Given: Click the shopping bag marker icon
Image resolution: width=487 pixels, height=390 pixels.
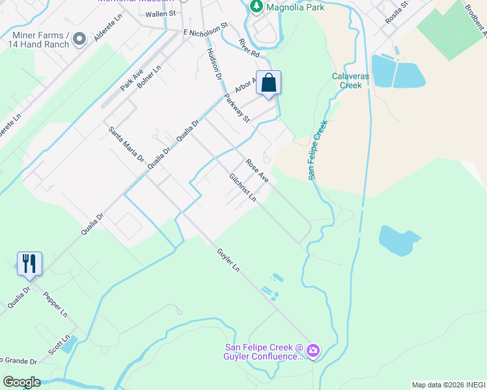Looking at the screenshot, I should pyautogui.click(x=268, y=83).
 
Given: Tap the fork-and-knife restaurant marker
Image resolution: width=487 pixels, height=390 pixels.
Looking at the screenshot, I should pyautogui.click(x=29, y=263).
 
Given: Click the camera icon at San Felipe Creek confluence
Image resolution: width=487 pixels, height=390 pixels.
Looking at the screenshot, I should pyautogui.click(x=313, y=351).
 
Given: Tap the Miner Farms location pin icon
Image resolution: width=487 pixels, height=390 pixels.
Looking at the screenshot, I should pyautogui.click(x=80, y=39).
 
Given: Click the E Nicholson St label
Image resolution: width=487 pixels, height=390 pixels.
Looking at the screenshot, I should pyautogui.click(x=205, y=29).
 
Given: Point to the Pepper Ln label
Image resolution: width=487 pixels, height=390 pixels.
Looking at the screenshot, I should pyautogui.click(x=55, y=304).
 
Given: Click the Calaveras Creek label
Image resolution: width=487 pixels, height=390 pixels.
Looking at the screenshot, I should pyautogui.click(x=346, y=81).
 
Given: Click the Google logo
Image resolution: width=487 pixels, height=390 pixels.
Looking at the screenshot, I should pyautogui.click(x=21, y=382).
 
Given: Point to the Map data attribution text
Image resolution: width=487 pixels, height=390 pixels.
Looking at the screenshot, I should pyautogui.click(x=448, y=385).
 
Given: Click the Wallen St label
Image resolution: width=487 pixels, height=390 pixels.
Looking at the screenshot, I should pyautogui.click(x=161, y=12).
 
